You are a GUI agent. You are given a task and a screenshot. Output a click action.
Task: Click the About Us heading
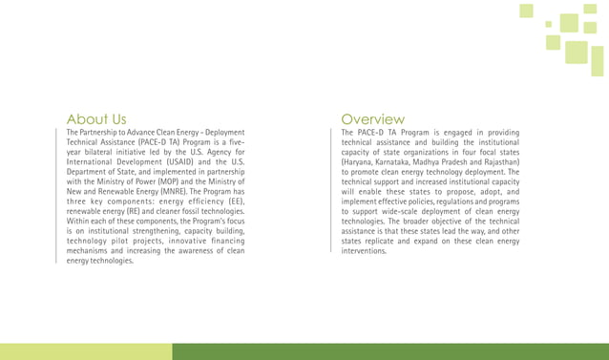96,118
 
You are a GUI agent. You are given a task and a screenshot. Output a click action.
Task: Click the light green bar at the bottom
86,351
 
